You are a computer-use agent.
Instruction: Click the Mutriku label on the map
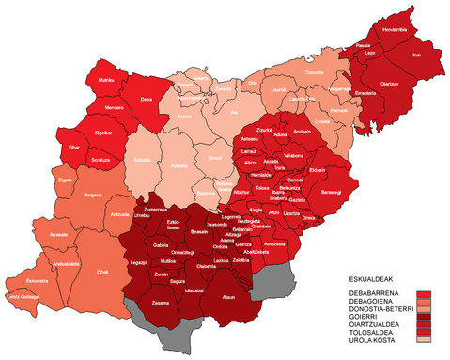tap(106, 81)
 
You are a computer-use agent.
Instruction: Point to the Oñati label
tap(102, 271)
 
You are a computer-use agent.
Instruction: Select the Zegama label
tap(161, 303)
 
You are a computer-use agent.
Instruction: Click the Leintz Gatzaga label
tap(23, 297)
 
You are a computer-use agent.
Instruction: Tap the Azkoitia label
tap(143, 160)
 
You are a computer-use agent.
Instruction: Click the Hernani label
tap(339, 112)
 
